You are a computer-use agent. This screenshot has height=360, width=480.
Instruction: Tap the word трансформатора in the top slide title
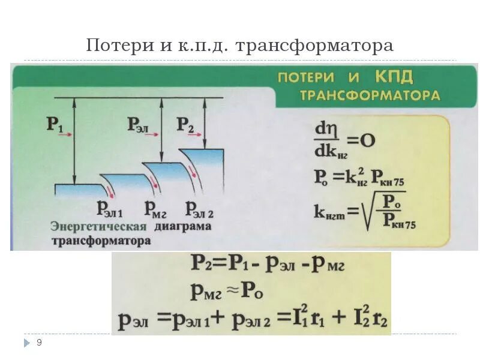316,46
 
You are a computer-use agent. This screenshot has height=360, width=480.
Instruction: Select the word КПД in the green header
395,77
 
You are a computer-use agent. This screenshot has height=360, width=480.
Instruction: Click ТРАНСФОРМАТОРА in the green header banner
370,95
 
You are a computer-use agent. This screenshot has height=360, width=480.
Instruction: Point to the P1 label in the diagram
55,125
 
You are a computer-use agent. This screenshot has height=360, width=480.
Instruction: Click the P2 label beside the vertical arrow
185,125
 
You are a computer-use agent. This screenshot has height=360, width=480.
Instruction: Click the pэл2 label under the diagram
200,208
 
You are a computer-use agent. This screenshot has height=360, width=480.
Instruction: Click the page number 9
39,343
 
